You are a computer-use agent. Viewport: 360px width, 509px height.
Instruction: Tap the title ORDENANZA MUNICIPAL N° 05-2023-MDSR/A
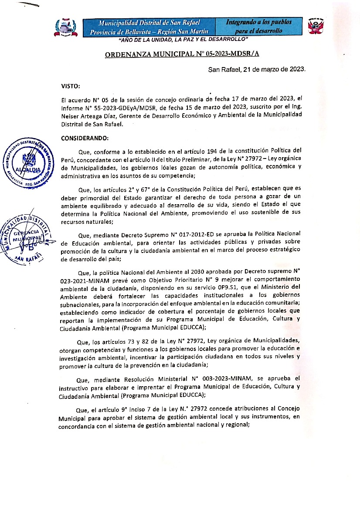[179, 54]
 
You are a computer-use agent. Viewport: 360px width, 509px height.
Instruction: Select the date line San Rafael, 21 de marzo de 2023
[256, 69]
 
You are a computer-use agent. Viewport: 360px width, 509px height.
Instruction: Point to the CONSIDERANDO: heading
[85, 138]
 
